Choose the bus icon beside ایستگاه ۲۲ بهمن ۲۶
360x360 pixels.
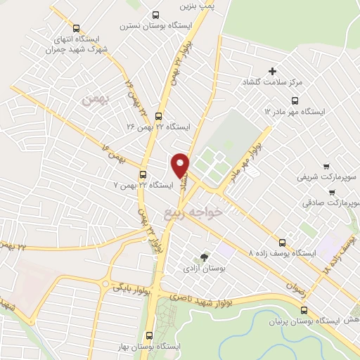click(x=157, y=117)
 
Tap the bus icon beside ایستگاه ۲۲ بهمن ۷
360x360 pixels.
click(x=143, y=174)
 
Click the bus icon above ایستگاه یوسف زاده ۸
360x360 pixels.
click(x=283, y=240)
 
